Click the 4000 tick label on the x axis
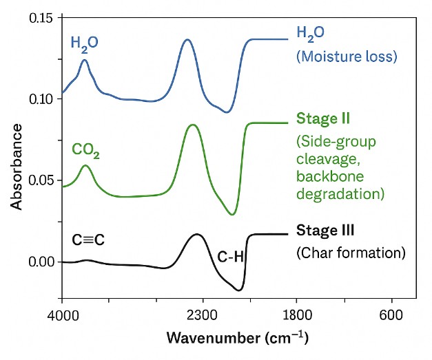pyautogui.click(x=62, y=315)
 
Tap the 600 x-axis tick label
pyautogui.click(x=392, y=315)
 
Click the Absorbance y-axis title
pyautogui.click(x=16, y=163)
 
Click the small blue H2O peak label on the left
pyautogui.click(x=85, y=43)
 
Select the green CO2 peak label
pyautogui.click(x=86, y=151)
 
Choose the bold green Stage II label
pyautogui.click(x=323, y=118)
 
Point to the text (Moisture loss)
pyautogui.click(x=347, y=56)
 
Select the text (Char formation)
pyautogui.click(x=351, y=253)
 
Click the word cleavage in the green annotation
pyautogui.click(x=323, y=160)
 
